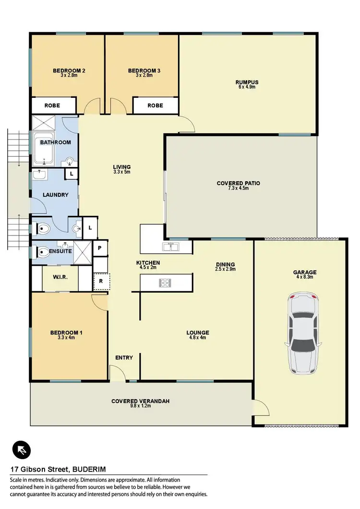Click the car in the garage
(302, 334)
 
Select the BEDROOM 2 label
(69, 71)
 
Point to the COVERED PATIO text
(239, 183)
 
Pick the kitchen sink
(170, 247)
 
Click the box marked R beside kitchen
(101, 281)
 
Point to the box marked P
(100, 248)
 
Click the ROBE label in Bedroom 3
(155, 105)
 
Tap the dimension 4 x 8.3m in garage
(305, 278)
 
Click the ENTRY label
(124, 357)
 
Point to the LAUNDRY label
(56, 195)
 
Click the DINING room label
(225, 264)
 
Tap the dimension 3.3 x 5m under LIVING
(122, 172)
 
